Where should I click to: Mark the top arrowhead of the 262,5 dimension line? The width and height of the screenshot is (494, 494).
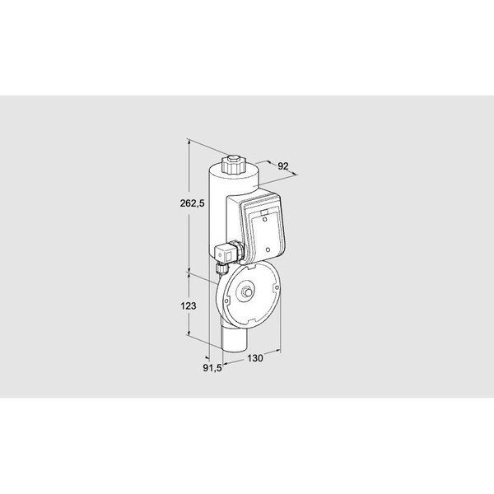(190, 140)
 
